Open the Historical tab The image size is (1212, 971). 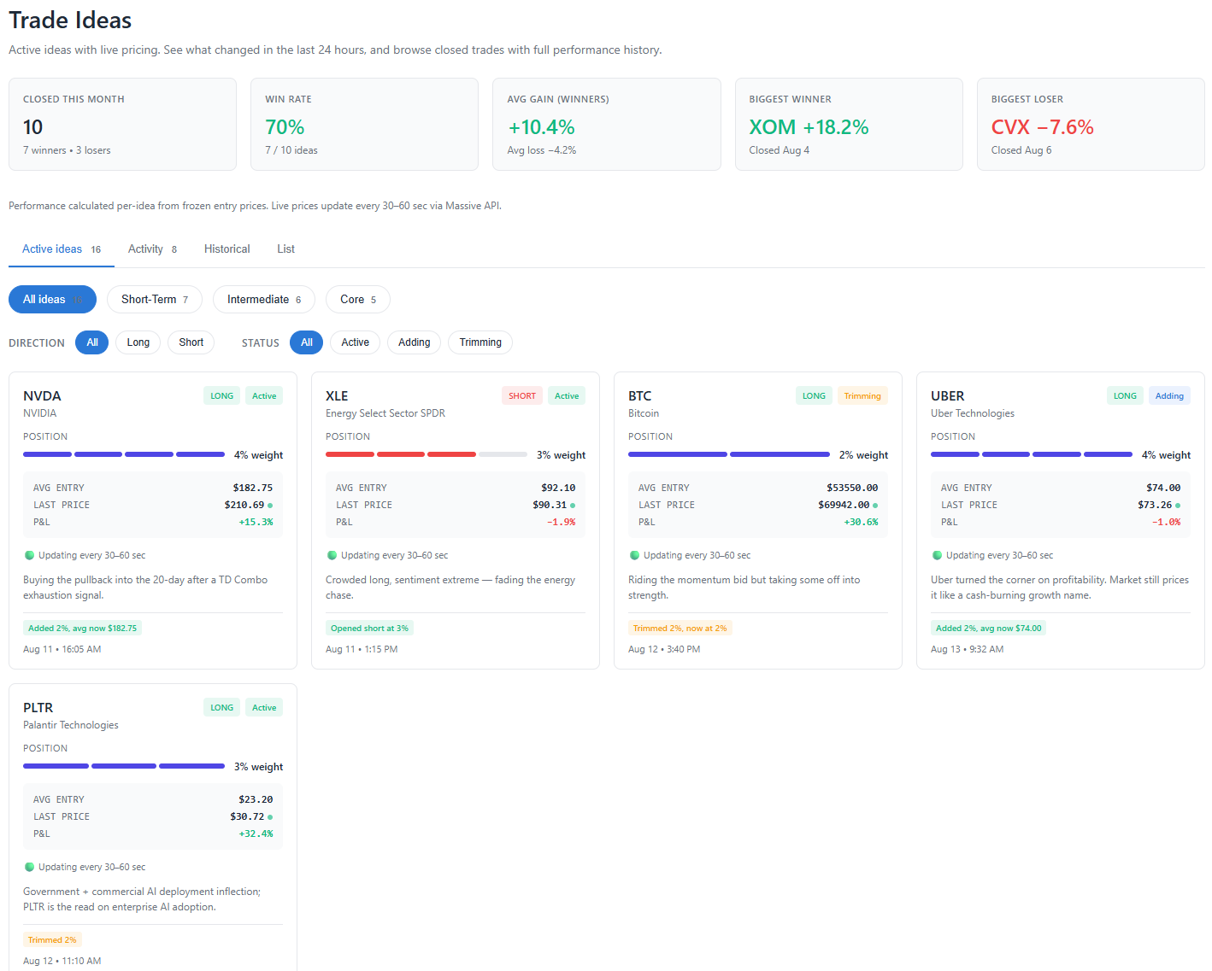(x=227, y=249)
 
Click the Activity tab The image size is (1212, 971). (x=152, y=249)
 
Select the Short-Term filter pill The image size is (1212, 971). (x=155, y=299)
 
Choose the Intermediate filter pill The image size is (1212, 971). (x=263, y=299)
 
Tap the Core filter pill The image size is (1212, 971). (x=357, y=299)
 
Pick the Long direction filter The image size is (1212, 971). (x=138, y=342)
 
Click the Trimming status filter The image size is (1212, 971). (x=480, y=342)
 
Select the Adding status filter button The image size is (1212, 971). (x=414, y=342)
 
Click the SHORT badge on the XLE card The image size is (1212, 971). (x=521, y=395)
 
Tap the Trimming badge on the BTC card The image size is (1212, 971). (x=862, y=395)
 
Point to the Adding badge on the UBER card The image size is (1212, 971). (x=1168, y=395)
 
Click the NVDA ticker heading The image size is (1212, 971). (x=42, y=395)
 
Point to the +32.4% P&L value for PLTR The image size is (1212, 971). (x=256, y=834)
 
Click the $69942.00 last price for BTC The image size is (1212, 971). (x=843, y=505)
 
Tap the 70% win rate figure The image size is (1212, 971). (x=285, y=127)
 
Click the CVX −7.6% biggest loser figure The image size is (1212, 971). (x=1042, y=127)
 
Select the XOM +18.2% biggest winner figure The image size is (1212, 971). (x=809, y=127)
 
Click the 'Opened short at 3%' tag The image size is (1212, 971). (x=369, y=628)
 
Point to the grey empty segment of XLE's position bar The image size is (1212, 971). (x=503, y=454)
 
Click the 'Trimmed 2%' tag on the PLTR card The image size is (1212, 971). (x=52, y=939)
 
